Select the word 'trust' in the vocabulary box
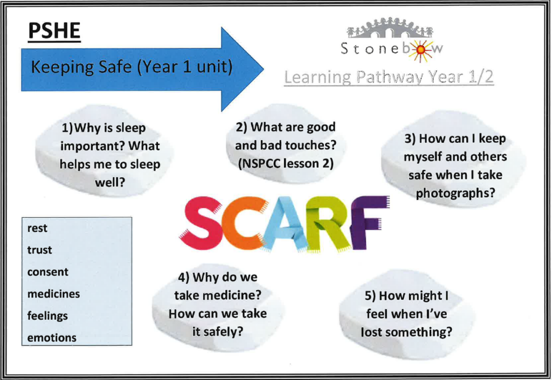click(x=39, y=250)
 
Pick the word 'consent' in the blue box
click(x=48, y=272)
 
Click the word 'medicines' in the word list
click(x=53, y=294)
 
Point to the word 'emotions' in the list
click(x=52, y=338)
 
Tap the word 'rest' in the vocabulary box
click(x=37, y=229)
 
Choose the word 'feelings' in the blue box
click(x=47, y=316)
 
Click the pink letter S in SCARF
click(x=200, y=223)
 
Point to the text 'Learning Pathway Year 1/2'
click(x=389, y=77)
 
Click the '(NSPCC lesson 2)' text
click(x=286, y=164)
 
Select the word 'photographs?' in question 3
click(x=456, y=193)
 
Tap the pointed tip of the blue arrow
click(x=263, y=70)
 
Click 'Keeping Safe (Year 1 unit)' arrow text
click(x=132, y=67)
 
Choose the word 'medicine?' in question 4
click(x=235, y=295)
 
